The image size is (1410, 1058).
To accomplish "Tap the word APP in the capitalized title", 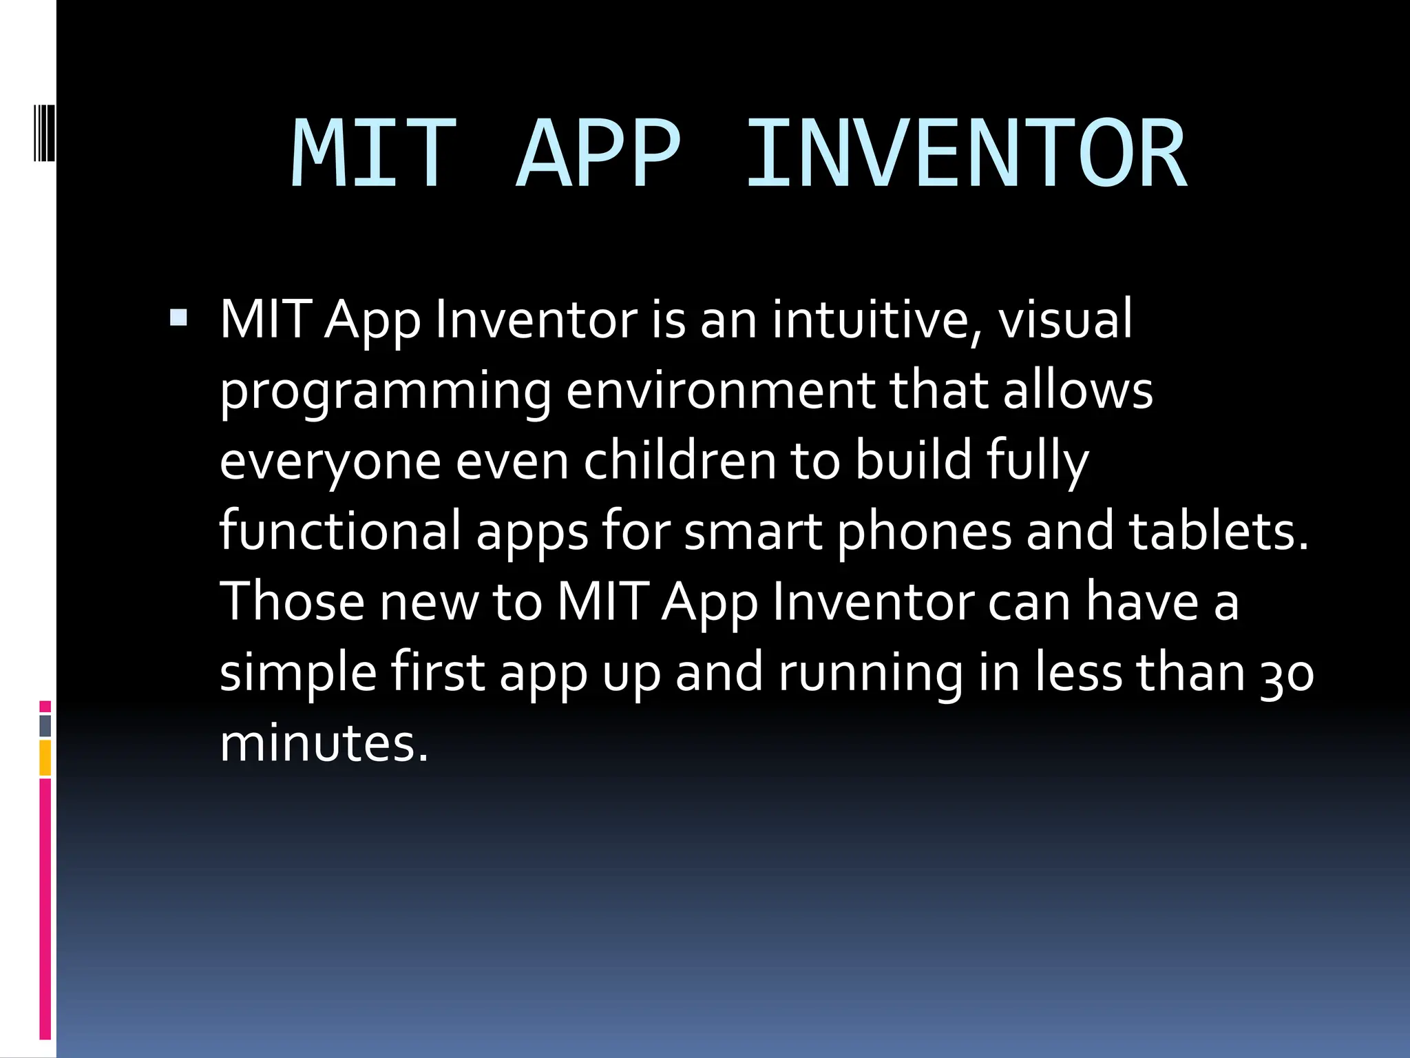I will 598,153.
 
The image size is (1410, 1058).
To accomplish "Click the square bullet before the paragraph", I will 178,317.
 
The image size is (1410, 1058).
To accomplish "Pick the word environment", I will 720,390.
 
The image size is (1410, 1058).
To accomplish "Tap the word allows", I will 1077,390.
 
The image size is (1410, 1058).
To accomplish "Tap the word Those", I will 291,601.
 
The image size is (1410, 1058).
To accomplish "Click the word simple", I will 298,674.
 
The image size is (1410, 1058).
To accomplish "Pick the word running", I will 870,674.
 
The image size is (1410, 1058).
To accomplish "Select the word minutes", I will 324,744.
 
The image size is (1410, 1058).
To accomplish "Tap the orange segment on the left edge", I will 45,758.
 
